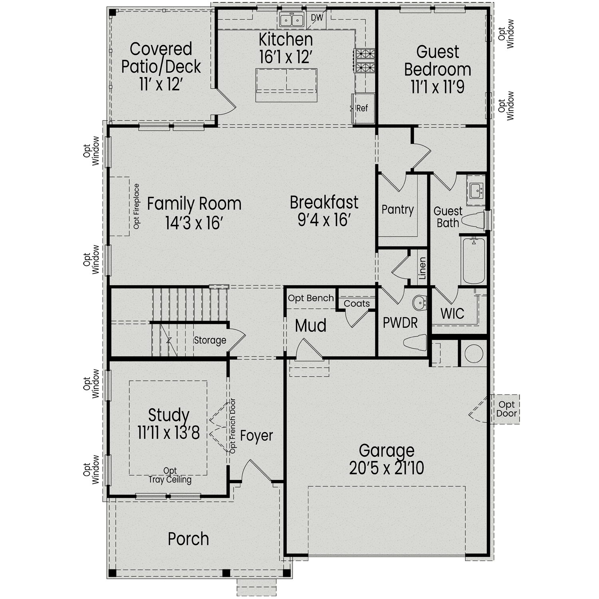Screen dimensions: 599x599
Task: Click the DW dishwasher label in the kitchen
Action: (x=317, y=18)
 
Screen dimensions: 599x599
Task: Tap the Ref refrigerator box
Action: (x=363, y=108)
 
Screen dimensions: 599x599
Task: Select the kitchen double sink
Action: (x=291, y=20)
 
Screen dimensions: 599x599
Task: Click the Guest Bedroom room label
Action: (x=438, y=61)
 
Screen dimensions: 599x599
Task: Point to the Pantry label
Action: (x=397, y=210)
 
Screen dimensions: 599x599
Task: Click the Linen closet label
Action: (x=422, y=268)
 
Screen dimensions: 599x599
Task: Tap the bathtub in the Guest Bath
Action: (x=474, y=260)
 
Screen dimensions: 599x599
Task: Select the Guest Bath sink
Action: (x=476, y=191)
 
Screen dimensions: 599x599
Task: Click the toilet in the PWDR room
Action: (x=415, y=343)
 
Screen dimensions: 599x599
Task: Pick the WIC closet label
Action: (x=452, y=314)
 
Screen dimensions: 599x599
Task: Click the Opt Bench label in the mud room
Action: (x=311, y=298)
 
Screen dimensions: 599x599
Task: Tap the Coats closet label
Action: (x=357, y=303)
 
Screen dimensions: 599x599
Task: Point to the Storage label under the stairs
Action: (x=210, y=340)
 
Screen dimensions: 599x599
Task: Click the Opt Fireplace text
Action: (x=137, y=206)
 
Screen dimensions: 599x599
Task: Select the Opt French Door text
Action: (x=233, y=426)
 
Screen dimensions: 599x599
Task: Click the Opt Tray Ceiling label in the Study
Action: (x=170, y=476)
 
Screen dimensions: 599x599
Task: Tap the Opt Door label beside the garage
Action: (x=506, y=409)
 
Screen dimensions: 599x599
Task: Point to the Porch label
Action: (x=188, y=539)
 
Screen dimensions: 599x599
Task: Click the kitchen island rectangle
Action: (x=286, y=85)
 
